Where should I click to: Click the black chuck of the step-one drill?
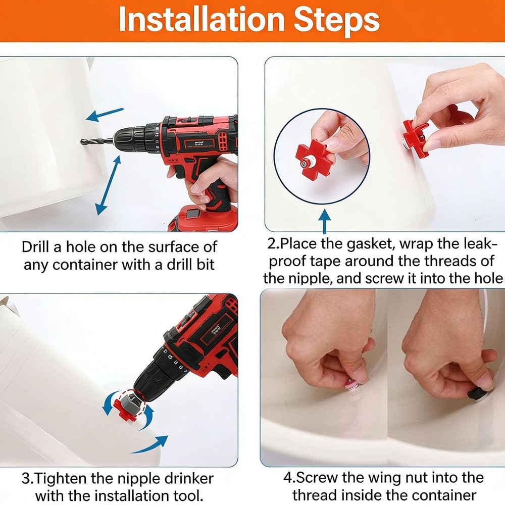128,138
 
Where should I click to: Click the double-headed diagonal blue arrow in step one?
109,185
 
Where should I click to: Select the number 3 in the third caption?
27,478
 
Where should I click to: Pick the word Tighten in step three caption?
63,478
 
